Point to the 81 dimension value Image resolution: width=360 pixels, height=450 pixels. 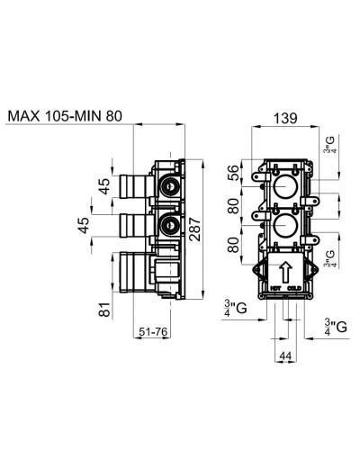pyautogui.click(x=105, y=310)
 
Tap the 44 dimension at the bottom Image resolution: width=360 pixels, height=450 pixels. pyautogui.click(x=286, y=357)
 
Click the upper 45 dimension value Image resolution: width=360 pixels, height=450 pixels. pyautogui.click(x=105, y=186)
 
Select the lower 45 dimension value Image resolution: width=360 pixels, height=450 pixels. pyautogui.click(x=85, y=225)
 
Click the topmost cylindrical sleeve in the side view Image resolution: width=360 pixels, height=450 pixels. pyautogui.click(x=130, y=186)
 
